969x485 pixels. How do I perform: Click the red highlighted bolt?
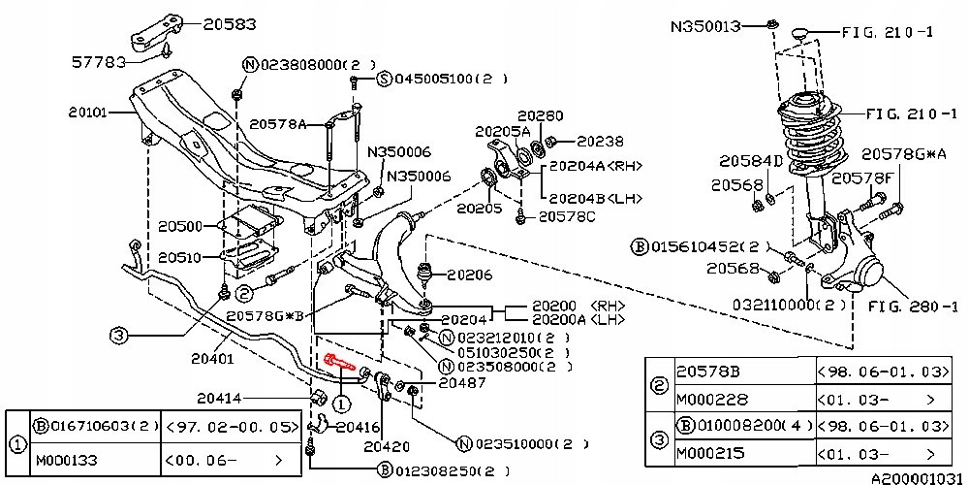click(339, 365)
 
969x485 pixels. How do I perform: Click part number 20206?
click(470, 275)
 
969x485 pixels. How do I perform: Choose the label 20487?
click(462, 382)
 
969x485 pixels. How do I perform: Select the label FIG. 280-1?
click(911, 307)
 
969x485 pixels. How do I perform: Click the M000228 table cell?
click(713, 399)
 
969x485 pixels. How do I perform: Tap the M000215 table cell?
click(713, 452)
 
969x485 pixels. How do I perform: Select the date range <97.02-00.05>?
click(230, 425)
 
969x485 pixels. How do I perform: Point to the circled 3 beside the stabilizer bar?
click(118, 337)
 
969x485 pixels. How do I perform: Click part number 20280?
click(540, 114)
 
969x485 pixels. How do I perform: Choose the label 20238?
click(601, 141)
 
